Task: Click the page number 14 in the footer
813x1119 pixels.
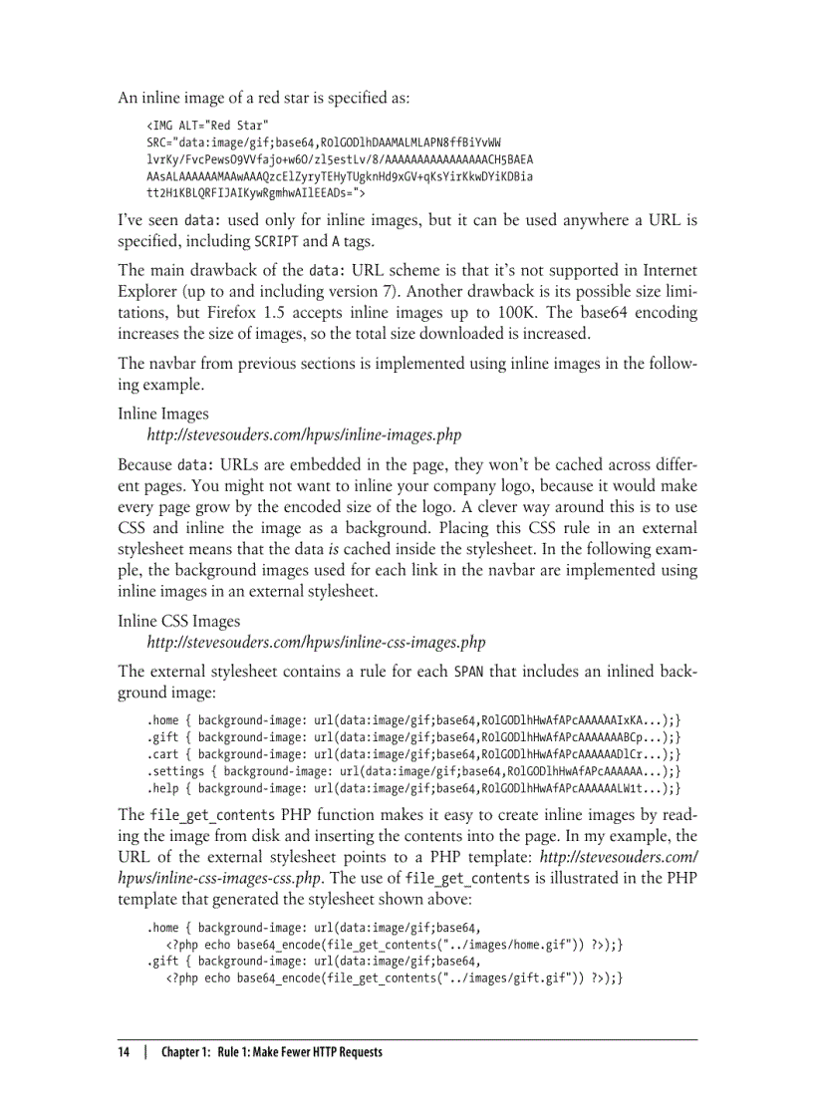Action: point(124,1052)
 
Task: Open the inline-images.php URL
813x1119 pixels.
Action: point(304,435)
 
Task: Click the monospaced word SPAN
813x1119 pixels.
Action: point(468,672)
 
